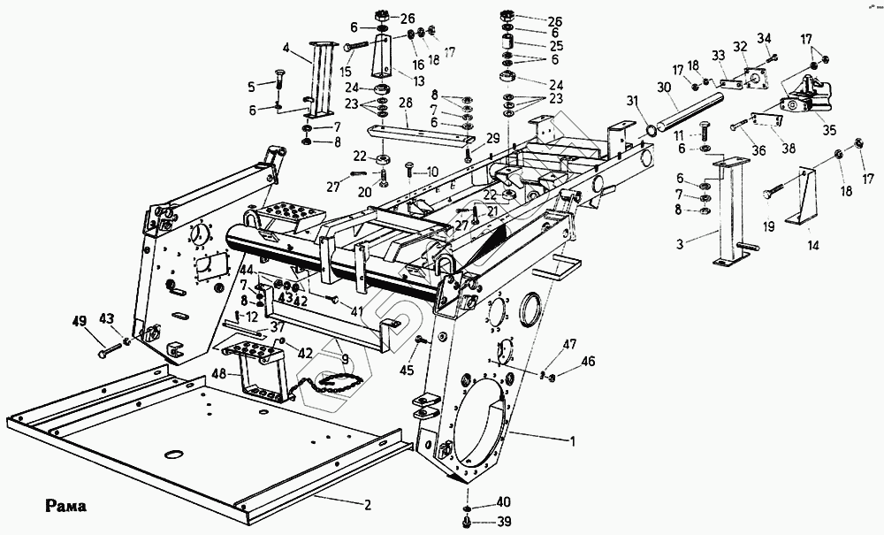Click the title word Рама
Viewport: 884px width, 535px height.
(x=66, y=506)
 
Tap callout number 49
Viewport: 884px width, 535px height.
(x=80, y=321)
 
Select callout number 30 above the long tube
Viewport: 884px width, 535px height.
(x=665, y=88)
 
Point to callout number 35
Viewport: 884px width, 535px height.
(x=829, y=130)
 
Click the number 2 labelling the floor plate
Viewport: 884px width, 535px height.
(x=368, y=505)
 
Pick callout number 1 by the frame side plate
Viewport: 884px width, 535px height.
(x=573, y=441)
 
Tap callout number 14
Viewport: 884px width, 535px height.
(x=813, y=245)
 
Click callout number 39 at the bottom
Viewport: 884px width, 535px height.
(x=503, y=523)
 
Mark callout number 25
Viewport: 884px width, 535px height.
(x=556, y=46)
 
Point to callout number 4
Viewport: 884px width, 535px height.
(x=286, y=48)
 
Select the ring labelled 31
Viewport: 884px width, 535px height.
(x=651, y=132)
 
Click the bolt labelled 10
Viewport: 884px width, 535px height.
(x=410, y=171)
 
